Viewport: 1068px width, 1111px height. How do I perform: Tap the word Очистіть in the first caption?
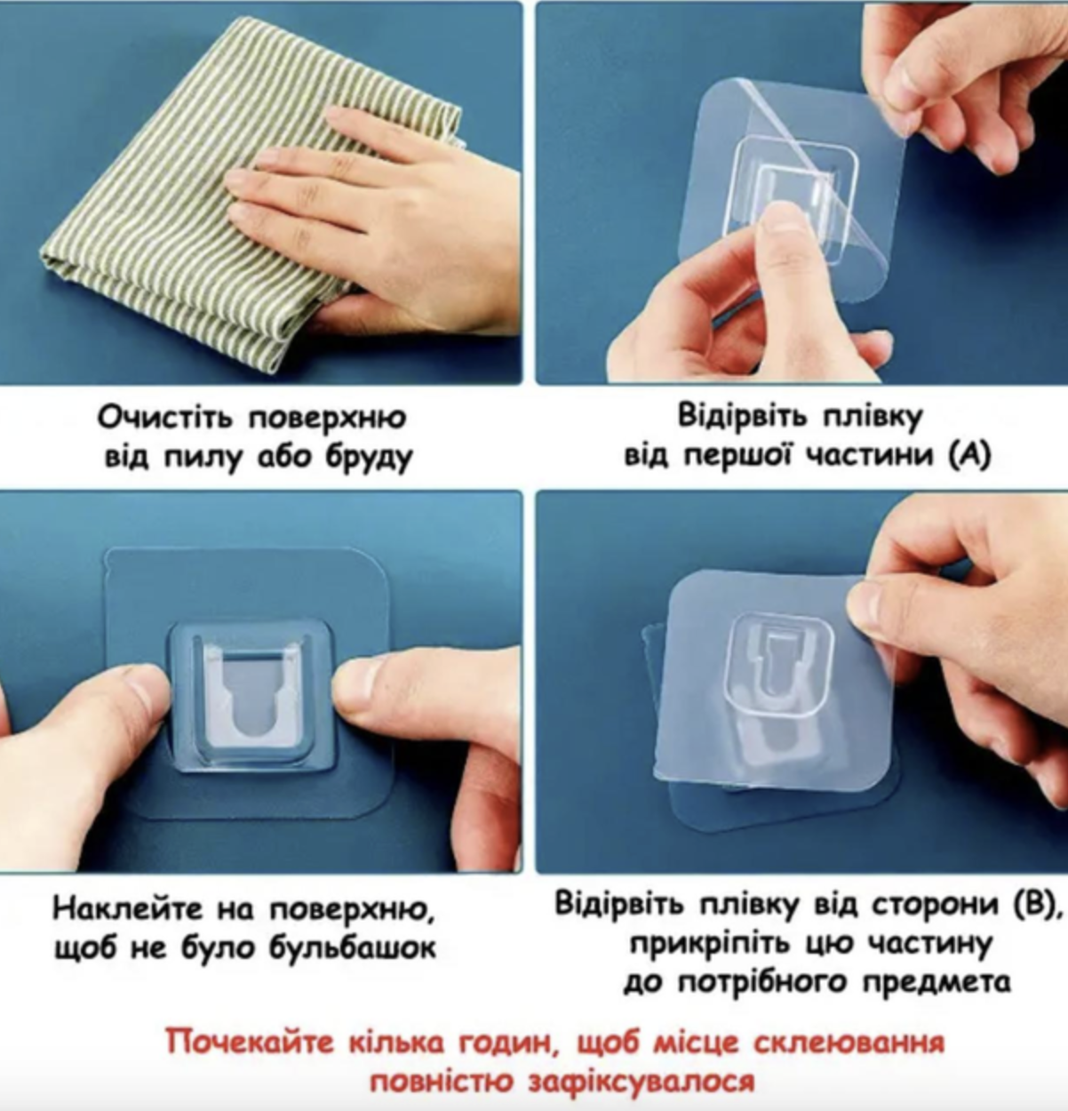165,418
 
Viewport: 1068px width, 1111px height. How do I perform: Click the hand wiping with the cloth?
371,223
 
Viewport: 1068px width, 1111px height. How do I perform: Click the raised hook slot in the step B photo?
778,665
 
